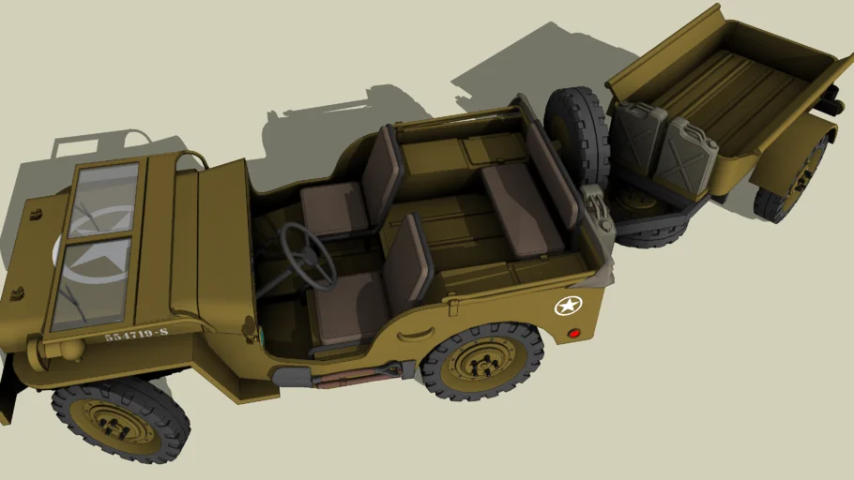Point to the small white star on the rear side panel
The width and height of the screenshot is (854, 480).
coord(568,306)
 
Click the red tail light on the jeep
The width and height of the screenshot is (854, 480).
coord(573,333)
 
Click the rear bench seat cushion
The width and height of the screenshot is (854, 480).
coord(520,210)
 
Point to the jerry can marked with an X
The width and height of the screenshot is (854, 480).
coord(683,155)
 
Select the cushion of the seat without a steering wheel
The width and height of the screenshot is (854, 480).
coord(334,207)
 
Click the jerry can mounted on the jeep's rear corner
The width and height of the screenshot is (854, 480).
coord(597,215)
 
